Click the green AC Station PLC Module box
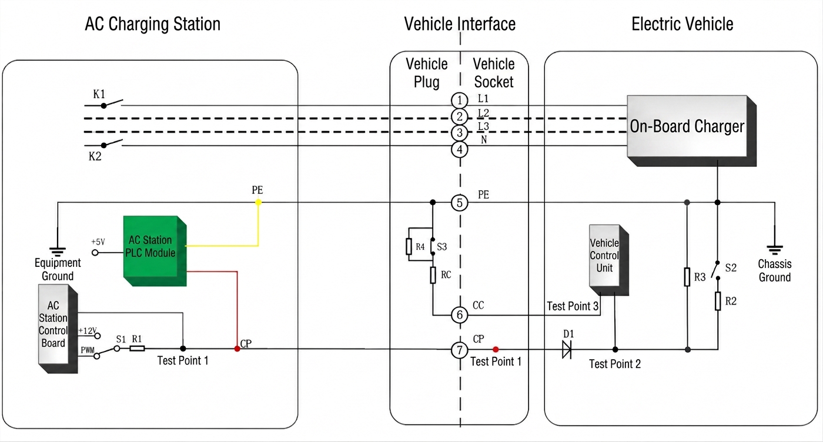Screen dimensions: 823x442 [155, 250]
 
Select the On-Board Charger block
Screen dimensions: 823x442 [691, 131]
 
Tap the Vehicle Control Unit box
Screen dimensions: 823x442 [609, 260]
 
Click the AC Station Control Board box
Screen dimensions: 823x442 [58, 329]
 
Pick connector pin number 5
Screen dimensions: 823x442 [459, 203]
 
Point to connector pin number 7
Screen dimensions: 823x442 [459, 350]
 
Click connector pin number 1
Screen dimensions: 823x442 [459, 101]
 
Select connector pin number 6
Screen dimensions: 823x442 [459, 315]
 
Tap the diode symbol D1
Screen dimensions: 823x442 [567, 349]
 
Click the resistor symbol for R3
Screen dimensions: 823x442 [687, 277]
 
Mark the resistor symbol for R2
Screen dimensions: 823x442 [718, 302]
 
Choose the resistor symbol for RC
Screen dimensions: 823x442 [433, 275]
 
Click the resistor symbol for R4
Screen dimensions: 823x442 [409, 246]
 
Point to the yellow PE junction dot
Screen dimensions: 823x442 [258, 202]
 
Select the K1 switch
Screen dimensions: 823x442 [103, 103]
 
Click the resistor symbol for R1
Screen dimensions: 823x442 [137, 349]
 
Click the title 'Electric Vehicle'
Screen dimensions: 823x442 [683, 24]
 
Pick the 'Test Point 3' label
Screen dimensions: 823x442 [573, 306]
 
